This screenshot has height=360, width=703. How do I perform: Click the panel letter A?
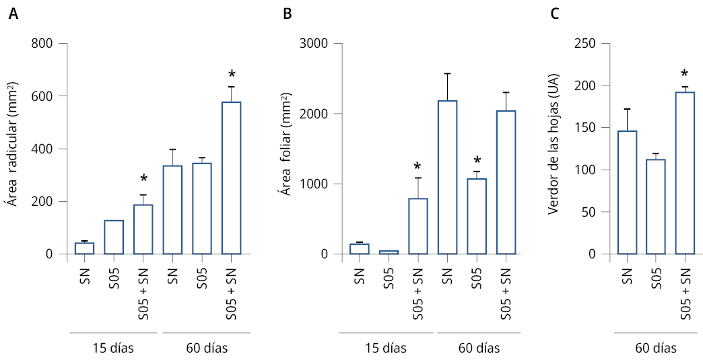(x=13, y=15)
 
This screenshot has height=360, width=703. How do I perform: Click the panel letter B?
(x=288, y=15)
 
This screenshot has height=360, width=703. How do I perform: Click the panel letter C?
(x=554, y=15)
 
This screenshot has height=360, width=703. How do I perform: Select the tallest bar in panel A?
(x=232, y=178)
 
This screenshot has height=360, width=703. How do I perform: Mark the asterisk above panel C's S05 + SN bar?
(x=685, y=74)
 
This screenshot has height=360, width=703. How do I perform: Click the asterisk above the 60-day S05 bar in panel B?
(x=477, y=160)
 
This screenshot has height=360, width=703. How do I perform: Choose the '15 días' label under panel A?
(x=113, y=348)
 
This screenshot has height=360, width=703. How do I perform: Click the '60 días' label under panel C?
(x=656, y=348)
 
